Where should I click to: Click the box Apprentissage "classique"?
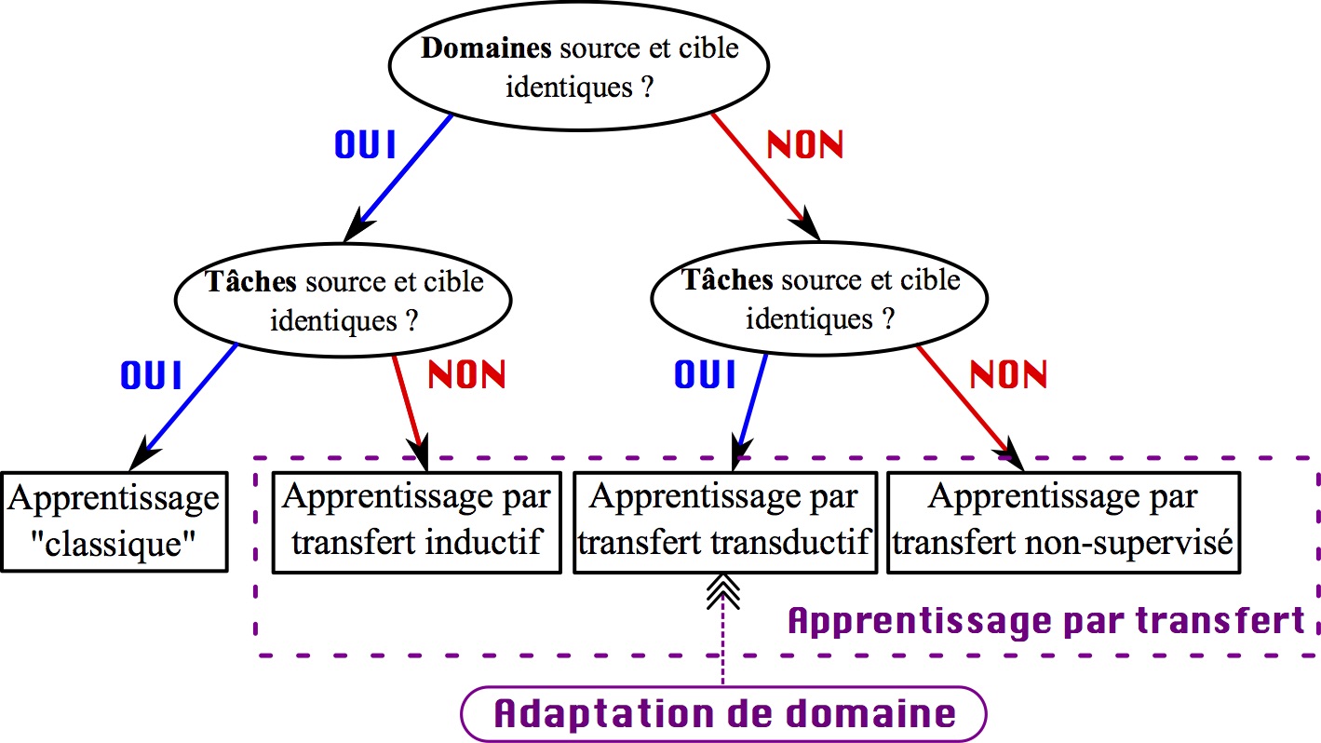coord(115,522)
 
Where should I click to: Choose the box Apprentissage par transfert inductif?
coord(417,522)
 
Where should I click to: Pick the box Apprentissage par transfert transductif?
coord(725,522)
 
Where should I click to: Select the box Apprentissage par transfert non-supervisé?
coord(1064,522)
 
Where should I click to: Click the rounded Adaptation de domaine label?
coord(724,714)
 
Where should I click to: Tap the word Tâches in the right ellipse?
coord(727,279)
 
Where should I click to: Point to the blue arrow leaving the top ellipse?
coord(405,171)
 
